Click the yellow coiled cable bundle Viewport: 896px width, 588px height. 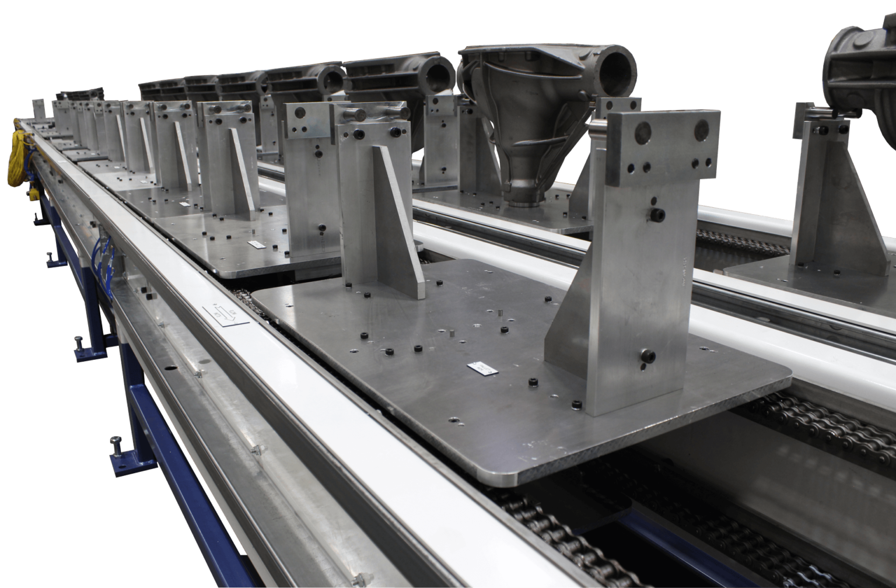click(x=20, y=157)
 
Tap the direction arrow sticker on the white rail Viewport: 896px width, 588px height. click(x=225, y=314)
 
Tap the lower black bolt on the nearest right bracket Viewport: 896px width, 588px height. click(x=647, y=356)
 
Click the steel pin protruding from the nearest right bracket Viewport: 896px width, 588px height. click(x=598, y=124)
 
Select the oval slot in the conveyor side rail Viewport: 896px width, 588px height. click(x=170, y=369)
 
